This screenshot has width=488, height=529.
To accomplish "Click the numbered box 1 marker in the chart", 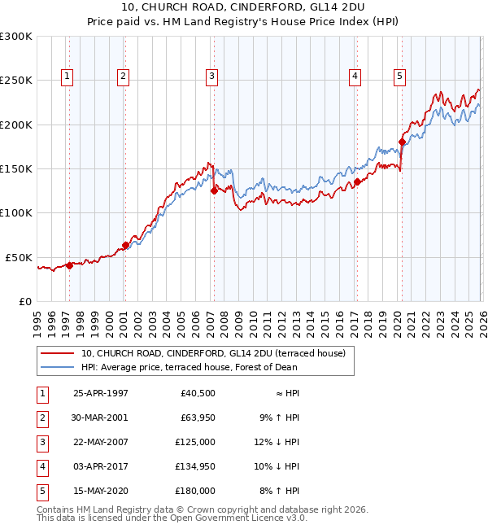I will click(x=66, y=77).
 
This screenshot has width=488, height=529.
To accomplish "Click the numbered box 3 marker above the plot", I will click(x=211, y=77).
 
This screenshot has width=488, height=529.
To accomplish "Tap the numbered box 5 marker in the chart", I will click(x=400, y=77).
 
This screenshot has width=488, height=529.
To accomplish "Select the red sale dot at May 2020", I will click(x=402, y=142).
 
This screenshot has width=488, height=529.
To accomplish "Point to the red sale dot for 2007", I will click(x=214, y=191).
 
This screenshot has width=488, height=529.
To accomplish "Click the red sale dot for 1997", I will click(x=69, y=265).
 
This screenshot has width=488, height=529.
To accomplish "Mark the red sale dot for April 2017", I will click(x=357, y=182).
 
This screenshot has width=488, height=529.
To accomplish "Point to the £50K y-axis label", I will click(x=19, y=257).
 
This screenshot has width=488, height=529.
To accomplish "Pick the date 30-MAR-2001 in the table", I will click(x=101, y=418).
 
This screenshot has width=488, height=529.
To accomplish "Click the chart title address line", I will click(x=244, y=8).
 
